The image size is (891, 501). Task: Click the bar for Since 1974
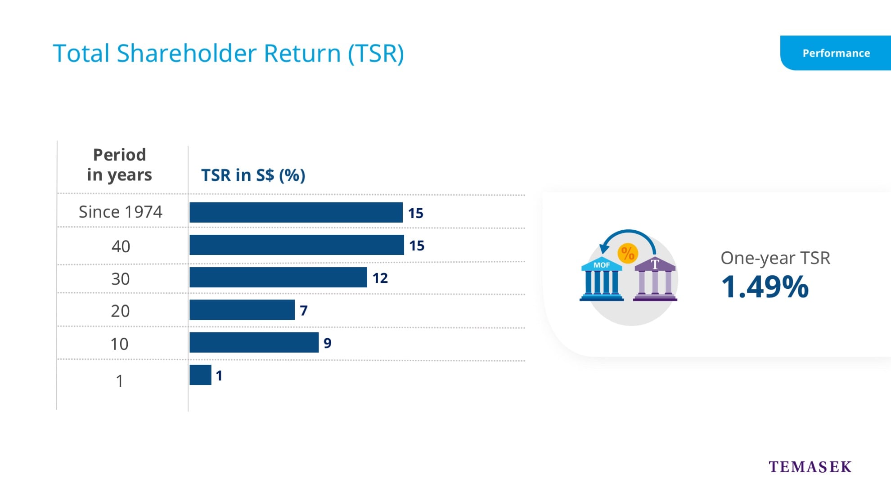click(x=296, y=212)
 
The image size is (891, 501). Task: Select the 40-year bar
click(x=297, y=245)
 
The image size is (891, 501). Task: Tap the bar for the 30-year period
click(x=278, y=277)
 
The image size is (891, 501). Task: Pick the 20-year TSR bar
click(x=242, y=310)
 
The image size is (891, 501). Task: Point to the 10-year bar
click(x=254, y=342)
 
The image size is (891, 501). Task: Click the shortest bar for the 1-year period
click(x=200, y=375)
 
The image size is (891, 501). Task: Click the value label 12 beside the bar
click(x=380, y=278)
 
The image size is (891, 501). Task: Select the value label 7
click(x=304, y=310)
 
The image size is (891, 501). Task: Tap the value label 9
click(x=327, y=343)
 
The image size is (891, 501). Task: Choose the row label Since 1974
click(x=120, y=212)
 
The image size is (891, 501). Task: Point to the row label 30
click(x=120, y=279)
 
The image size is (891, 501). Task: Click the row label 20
click(x=120, y=311)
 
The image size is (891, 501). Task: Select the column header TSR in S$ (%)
click(x=253, y=175)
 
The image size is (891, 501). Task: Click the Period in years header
click(x=119, y=165)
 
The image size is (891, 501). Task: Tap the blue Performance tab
click(x=836, y=53)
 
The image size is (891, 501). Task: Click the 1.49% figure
click(x=765, y=287)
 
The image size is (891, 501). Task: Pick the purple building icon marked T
click(x=655, y=280)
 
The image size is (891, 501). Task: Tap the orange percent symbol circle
click(x=627, y=253)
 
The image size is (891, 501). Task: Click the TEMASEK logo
click(x=810, y=467)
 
